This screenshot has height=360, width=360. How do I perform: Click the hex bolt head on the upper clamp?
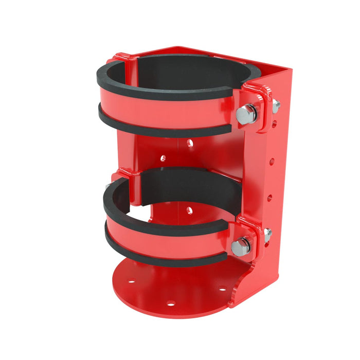246,114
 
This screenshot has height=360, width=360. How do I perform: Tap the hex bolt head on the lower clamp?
240,247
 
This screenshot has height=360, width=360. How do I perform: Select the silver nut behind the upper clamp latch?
276,106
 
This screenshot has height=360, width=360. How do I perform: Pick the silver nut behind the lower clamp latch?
267,235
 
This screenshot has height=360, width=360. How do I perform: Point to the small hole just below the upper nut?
274,123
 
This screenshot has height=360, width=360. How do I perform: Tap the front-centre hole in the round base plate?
170,303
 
